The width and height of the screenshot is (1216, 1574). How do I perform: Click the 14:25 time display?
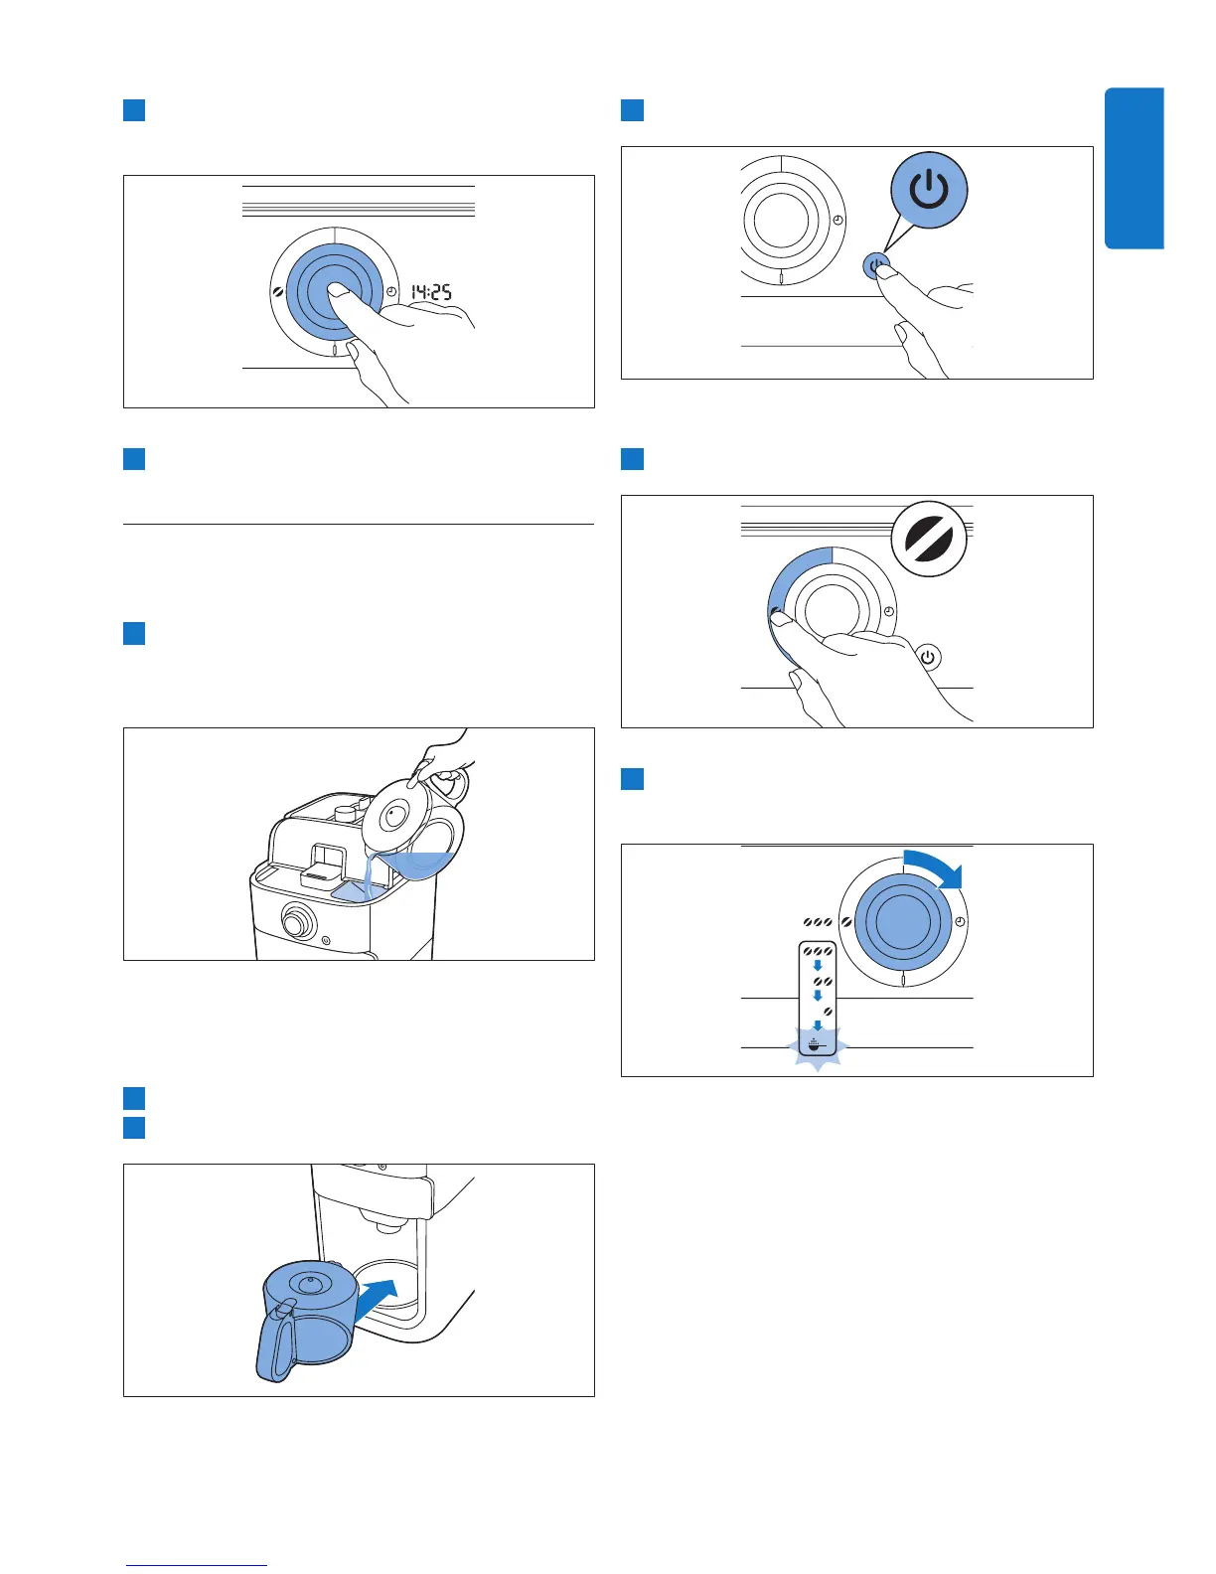[432, 291]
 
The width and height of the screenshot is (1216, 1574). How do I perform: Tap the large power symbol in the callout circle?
[929, 190]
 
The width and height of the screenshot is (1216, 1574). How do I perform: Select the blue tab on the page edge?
[1134, 168]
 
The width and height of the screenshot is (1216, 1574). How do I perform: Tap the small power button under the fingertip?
[875, 265]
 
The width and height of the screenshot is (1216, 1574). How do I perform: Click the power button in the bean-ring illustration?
[927, 657]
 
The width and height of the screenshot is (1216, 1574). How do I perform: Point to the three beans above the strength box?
[818, 922]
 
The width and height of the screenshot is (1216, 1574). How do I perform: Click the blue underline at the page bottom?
[197, 1565]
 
